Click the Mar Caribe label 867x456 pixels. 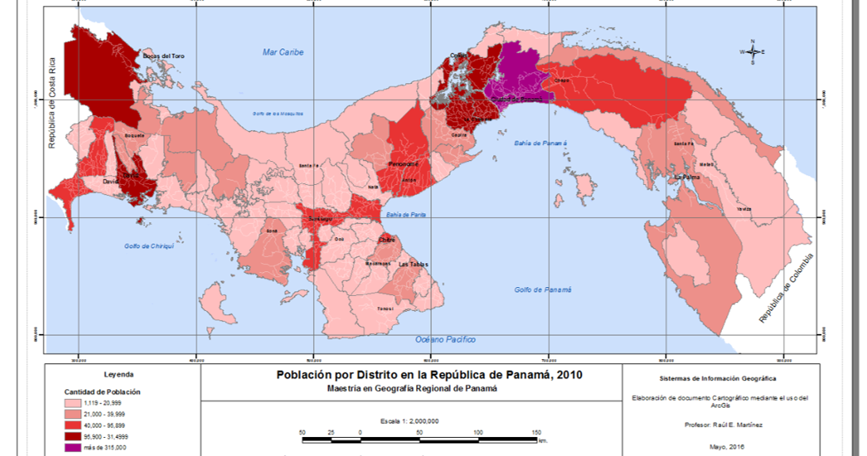(283, 52)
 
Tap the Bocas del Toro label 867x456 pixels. (162, 56)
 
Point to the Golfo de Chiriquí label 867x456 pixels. (148, 246)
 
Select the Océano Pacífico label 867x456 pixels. (445, 339)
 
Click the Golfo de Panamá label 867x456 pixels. (543, 290)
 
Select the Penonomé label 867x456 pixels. (403, 164)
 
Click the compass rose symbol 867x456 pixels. (752, 52)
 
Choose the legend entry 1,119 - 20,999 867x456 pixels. (100, 404)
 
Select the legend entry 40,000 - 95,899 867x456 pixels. (100, 427)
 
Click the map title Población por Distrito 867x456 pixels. (429, 374)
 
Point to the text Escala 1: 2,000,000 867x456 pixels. (410, 420)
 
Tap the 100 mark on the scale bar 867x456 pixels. (478, 432)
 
